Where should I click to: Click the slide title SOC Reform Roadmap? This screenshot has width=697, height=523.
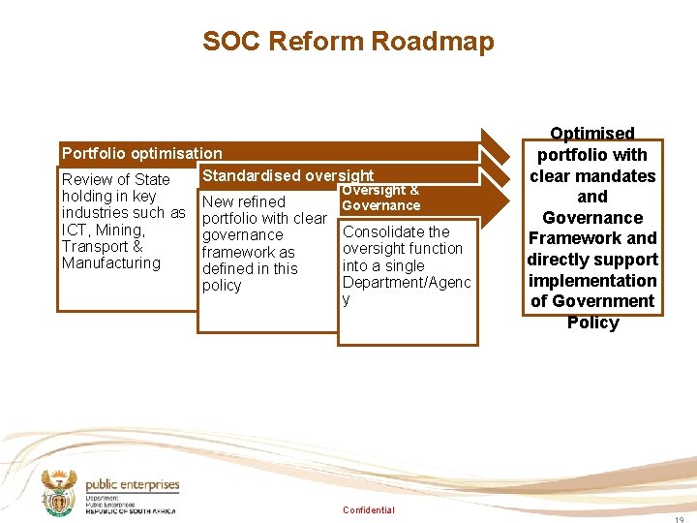point(348,42)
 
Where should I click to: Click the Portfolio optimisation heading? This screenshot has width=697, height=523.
point(141,153)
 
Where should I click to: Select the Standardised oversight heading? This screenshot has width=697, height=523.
point(288,175)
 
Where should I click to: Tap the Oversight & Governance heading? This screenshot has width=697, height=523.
point(381,198)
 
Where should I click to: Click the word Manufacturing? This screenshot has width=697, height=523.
point(111,262)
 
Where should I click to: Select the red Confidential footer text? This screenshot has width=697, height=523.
point(369,510)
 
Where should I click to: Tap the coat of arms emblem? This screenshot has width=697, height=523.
point(60,493)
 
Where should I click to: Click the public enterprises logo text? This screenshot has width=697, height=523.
point(133,485)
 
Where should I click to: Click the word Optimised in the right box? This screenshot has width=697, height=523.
point(592,134)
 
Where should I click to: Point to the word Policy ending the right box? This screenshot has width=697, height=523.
point(592,323)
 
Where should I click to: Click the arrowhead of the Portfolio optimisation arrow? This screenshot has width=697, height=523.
point(496,151)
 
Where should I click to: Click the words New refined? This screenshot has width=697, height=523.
point(243,201)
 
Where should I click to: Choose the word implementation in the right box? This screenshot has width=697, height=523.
point(592,281)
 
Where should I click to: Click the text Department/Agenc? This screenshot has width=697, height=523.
point(406,282)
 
